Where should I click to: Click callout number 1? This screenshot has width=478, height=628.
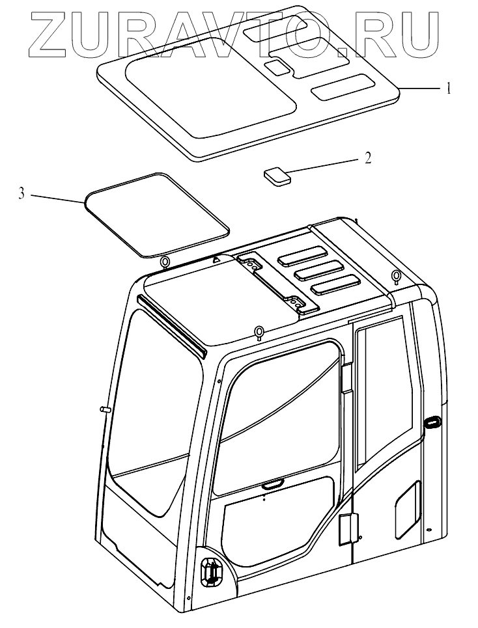(x=448, y=89)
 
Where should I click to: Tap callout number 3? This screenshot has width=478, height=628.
(x=22, y=193)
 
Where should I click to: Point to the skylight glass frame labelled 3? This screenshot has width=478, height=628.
(x=157, y=213)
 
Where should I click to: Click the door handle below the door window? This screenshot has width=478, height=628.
(x=270, y=484)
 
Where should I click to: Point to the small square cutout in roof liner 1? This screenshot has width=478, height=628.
(x=277, y=66)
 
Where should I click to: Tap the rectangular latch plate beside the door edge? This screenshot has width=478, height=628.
(x=346, y=528)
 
